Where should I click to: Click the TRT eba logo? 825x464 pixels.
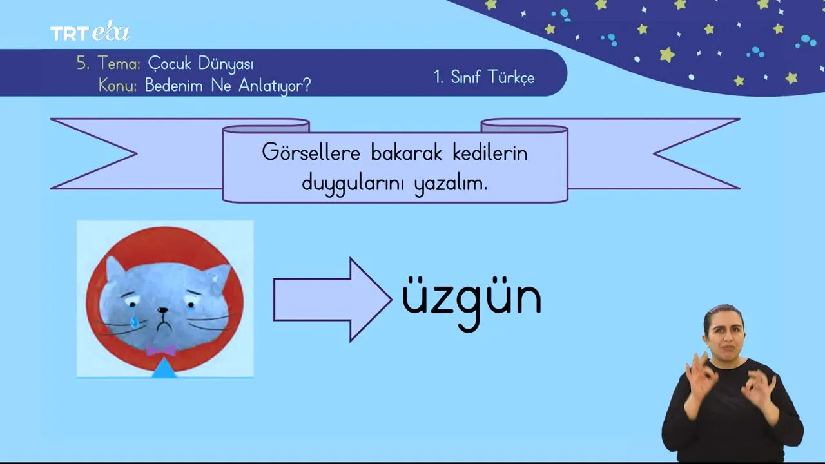90,31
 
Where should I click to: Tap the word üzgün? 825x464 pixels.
471,303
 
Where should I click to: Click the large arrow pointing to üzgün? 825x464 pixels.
333,300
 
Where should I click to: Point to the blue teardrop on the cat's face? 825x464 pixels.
135,321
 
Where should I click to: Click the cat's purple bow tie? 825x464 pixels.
161,351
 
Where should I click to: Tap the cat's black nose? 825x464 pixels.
162,311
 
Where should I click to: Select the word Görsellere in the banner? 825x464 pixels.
311,153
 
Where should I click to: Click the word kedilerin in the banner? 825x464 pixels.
490,153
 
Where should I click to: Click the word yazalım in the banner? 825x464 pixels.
451,184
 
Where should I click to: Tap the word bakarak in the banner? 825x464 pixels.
406,153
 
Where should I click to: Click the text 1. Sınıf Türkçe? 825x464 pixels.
484,77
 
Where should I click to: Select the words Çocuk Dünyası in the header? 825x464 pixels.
200,64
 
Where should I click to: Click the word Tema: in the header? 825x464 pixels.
119,63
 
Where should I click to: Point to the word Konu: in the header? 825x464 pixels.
118,86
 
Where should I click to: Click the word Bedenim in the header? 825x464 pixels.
174,86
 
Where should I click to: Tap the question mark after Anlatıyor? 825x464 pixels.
306,85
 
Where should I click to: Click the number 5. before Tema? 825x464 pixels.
83,63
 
